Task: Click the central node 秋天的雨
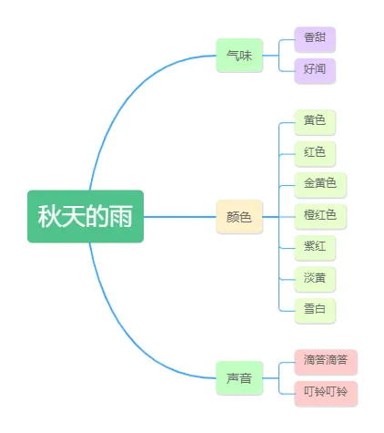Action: (86, 216)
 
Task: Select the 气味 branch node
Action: (239, 56)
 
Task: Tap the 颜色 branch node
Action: (239, 217)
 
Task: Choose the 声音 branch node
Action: (239, 378)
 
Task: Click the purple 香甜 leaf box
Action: (315, 39)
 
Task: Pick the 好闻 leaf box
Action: (315, 71)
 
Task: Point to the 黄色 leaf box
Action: (315, 122)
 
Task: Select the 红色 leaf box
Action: (315, 154)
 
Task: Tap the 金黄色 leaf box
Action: (320, 185)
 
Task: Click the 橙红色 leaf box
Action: (320, 217)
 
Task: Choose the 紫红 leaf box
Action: (315, 248)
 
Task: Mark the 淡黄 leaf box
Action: (315, 280)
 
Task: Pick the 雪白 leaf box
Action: (315, 311)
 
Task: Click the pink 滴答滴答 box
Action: (326, 362)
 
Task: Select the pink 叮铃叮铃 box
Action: (326, 394)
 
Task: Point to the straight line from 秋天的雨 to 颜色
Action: (180, 217)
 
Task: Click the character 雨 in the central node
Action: (121, 216)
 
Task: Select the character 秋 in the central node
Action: (49, 216)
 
